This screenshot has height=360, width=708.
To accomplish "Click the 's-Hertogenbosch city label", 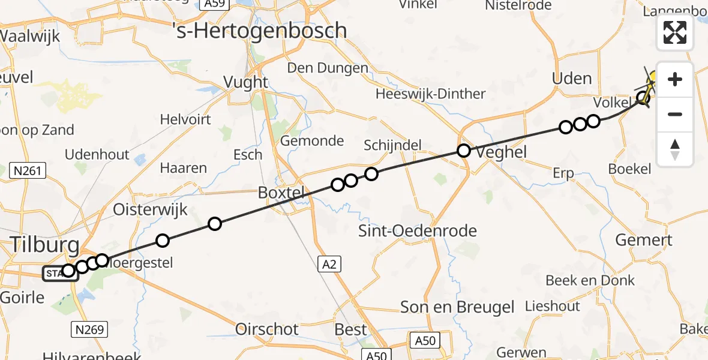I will tap(259, 30).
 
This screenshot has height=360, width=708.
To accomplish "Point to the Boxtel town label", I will tap(281, 193).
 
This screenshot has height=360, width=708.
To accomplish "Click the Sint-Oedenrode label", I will tap(418, 231).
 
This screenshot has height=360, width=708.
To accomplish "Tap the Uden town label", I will tap(571, 79).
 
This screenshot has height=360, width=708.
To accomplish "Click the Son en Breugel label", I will tap(458, 308).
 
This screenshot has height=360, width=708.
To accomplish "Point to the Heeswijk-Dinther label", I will tap(430, 94).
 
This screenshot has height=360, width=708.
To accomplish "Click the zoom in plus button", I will tap(675, 79).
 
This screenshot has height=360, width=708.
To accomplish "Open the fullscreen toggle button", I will tap(675, 32).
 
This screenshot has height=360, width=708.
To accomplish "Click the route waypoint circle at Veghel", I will tap(464, 151).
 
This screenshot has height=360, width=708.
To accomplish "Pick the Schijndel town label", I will tap(392, 145).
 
